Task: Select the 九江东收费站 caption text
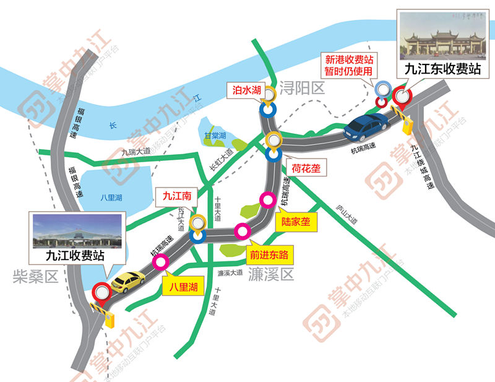point(442,69)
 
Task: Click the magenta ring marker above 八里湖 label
point(161,263)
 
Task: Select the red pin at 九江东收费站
point(402,98)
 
